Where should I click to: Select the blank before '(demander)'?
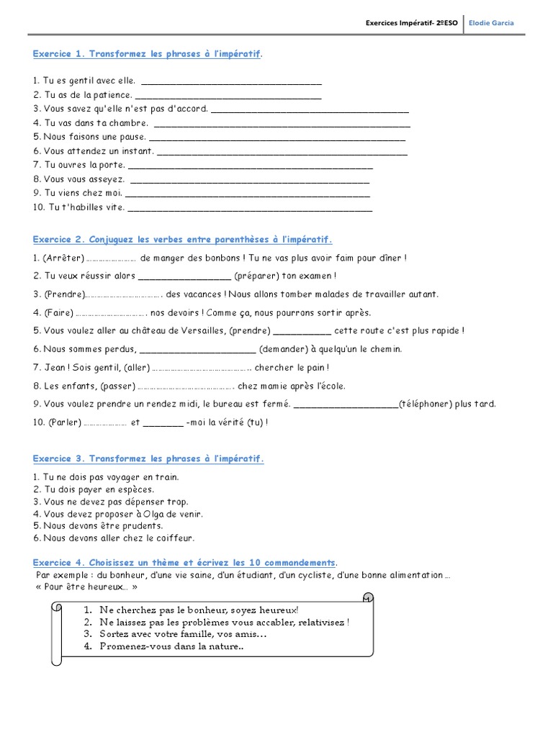[197, 350]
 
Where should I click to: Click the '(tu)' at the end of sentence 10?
[255, 422]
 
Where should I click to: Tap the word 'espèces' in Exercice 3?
[135, 489]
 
